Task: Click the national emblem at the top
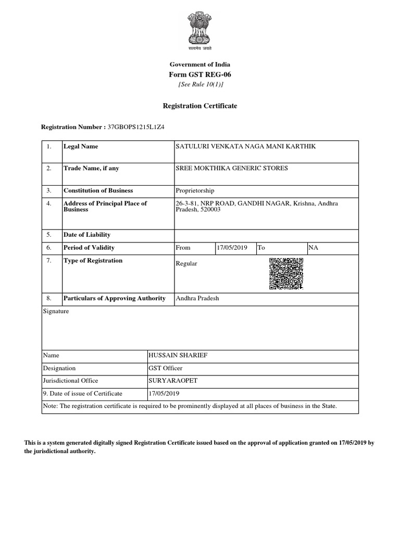click(200, 31)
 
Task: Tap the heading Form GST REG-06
click(200, 74)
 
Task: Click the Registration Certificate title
click(200, 106)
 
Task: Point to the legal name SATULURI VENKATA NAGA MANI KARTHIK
click(246, 147)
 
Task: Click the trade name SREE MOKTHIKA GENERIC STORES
click(232, 168)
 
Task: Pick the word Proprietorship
click(195, 191)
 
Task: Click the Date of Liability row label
click(86, 235)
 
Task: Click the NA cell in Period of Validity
click(313, 248)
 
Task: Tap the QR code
click(286, 274)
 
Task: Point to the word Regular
click(186, 264)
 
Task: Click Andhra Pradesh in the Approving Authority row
click(197, 298)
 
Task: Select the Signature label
click(56, 311)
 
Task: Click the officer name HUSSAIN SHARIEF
click(178, 355)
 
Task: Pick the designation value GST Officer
click(165, 368)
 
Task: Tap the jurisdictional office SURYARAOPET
click(173, 381)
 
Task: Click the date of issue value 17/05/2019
click(164, 394)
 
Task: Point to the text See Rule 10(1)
click(200, 84)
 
